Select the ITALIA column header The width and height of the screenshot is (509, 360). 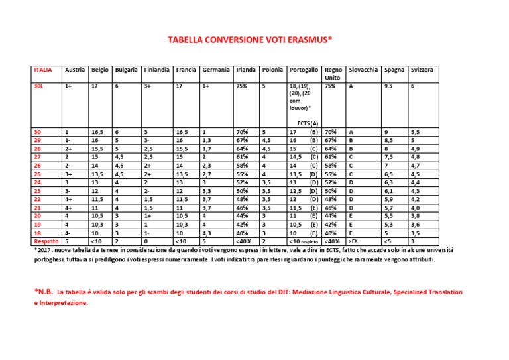(x=43, y=70)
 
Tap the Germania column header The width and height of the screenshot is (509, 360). (x=215, y=70)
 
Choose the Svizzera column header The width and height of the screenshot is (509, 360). (x=423, y=70)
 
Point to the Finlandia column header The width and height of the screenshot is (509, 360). (x=157, y=70)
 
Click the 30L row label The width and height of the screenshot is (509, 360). (x=38, y=86)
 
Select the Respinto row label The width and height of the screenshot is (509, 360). (x=45, y=241)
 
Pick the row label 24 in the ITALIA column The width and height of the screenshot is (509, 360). (x=37, y=182)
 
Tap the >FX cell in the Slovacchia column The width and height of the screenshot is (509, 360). (x=356, y=241)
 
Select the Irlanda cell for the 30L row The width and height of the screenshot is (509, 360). (x=241, y=86)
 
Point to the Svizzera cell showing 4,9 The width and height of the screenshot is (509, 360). (x=416, y=149)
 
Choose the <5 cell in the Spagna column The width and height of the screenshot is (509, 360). (x=387, y=241)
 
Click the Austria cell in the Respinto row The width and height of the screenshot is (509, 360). (x=67, y=241)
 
